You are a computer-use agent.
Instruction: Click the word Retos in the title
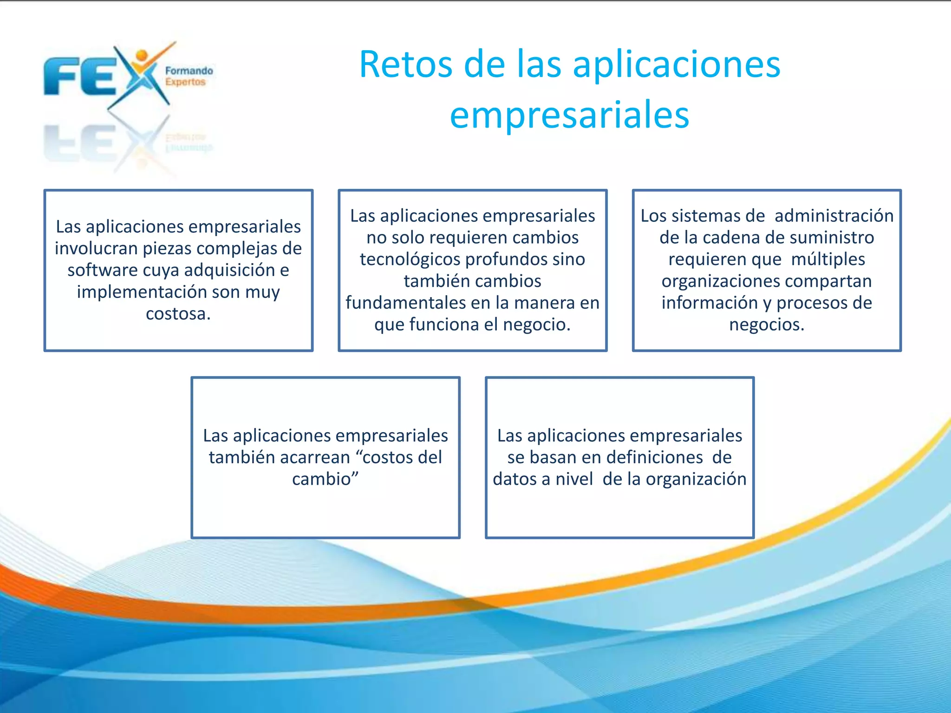coord(405,65)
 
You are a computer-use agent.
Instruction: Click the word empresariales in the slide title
coord(569,115)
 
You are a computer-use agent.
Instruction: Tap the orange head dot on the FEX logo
coord(142,55)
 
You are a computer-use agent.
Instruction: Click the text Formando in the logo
coord(189,71)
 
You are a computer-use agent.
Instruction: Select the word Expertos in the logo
coord(185,82)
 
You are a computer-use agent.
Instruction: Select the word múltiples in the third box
coord(828,259)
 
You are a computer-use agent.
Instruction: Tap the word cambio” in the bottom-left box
coord(325,479)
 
